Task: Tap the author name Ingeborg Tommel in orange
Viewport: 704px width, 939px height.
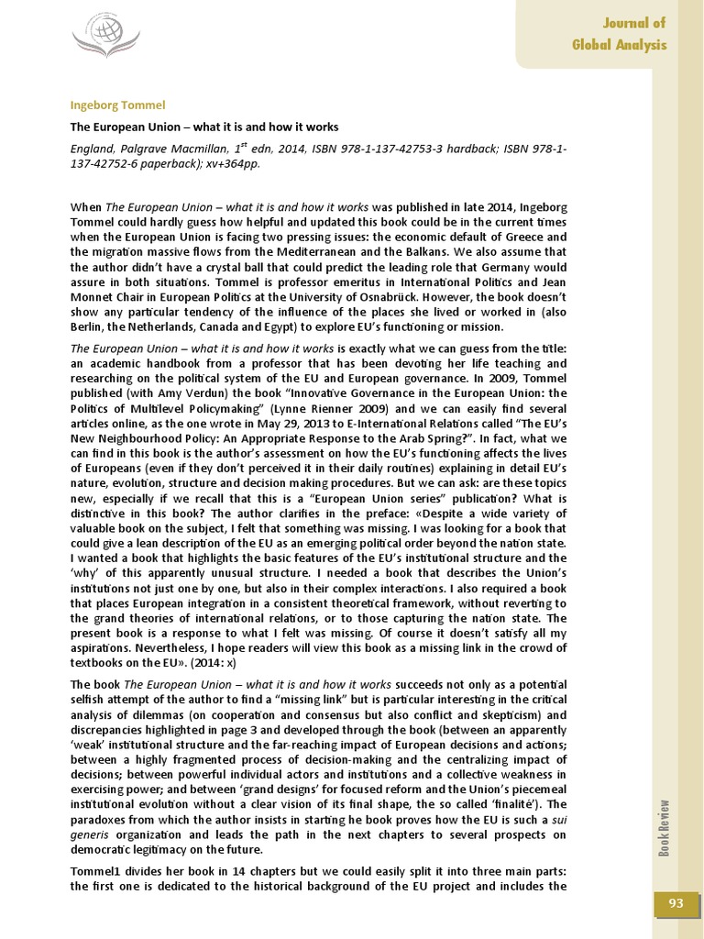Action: click(117, 105)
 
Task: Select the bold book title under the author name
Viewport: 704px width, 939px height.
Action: click(204, 127)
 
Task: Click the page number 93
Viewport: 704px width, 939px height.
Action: click(676, 904)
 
